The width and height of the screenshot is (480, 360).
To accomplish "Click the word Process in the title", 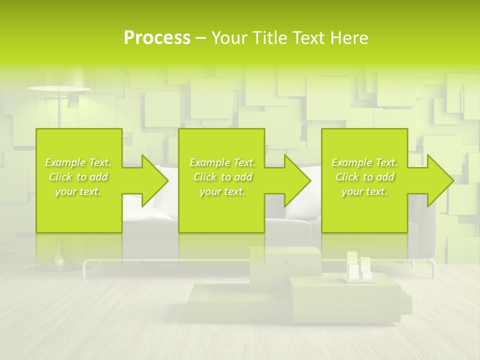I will (157, 38).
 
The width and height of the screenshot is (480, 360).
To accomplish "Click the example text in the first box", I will (78, 177).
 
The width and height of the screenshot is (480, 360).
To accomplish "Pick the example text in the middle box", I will (222, 177).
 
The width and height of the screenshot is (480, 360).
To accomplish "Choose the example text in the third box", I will (364, 177).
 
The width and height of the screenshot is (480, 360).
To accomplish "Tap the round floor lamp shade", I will (59, 88).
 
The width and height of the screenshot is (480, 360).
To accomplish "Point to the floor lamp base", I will (60, 262).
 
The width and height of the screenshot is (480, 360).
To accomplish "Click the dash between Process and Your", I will (201, 38).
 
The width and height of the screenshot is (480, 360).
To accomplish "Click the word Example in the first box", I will (65, 162).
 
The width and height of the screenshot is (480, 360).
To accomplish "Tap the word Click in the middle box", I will (204, 177).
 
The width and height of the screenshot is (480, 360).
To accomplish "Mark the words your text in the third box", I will (364, 191).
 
